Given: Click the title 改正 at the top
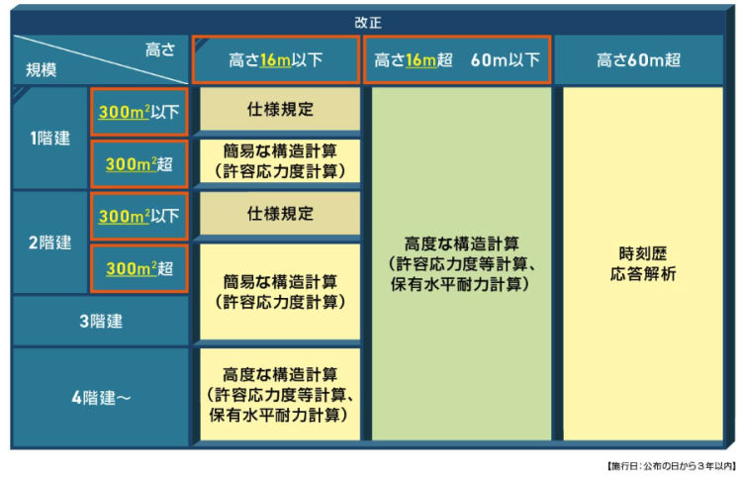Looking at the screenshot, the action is coord(368,22).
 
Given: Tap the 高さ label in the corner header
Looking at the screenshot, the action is coord(160,49).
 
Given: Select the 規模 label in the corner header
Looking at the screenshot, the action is coord(42,70).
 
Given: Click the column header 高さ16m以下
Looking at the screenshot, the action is coord(275,60).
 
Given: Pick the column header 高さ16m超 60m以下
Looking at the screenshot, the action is coord(457,60).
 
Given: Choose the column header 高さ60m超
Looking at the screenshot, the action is coord(638,60).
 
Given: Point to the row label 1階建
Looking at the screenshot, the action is coord(50,139).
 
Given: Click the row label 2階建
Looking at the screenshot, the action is coord(50,242).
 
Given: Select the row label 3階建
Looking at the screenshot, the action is coord(101,322).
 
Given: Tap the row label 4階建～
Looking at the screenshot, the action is coord(101,398).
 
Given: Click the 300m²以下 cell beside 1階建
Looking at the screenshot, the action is coord(139,112).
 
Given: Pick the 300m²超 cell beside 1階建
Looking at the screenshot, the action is coord(139,164).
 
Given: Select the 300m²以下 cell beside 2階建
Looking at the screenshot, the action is coord(139,217).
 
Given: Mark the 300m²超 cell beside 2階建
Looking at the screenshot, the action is coord(139,268).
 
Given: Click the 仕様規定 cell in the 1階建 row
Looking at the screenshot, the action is coord(280,109).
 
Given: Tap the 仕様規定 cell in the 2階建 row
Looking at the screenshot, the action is coord(280,214).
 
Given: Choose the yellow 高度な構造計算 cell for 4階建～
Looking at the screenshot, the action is coord(280,394).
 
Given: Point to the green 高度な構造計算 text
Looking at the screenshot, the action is coord(461,263).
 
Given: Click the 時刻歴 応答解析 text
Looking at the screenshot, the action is coord(643,263).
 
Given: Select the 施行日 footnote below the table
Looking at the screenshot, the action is coord(672,466).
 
